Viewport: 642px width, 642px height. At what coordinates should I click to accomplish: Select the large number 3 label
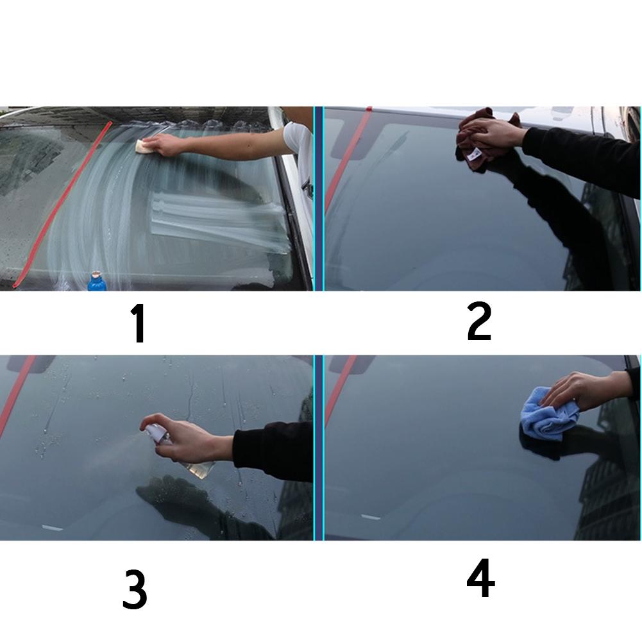135,591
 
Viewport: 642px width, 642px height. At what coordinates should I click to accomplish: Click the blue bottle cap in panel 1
96,280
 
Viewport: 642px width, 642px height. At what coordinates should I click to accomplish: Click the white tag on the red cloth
477,154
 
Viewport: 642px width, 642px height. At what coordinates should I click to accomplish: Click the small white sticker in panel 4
371,516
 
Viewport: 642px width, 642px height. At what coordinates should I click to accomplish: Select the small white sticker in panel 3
52,528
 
